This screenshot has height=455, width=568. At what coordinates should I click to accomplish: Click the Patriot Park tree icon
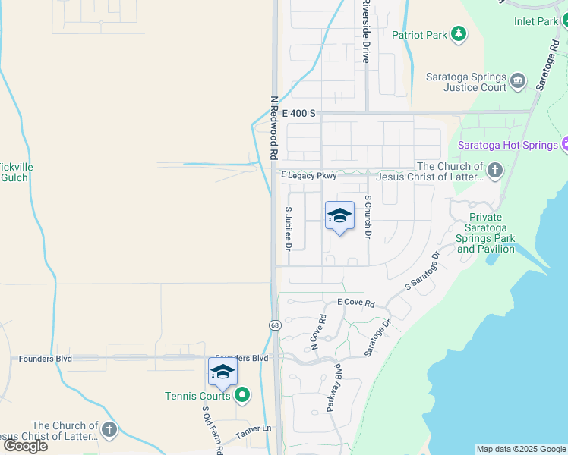click(x=458, y=33)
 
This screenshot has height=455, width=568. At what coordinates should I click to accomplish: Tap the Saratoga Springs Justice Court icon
click(x=518, y=80)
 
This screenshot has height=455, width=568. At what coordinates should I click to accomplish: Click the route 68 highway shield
click(x=273, y=325)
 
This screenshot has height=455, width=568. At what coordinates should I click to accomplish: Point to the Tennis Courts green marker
click(x=242, y=394)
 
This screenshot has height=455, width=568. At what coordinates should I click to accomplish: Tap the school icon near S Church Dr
click(x=339, y=216)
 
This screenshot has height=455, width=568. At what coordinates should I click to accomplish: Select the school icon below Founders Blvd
click(x=222, y=372)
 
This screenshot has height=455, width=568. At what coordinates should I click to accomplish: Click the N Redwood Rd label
click(x=273, y=127)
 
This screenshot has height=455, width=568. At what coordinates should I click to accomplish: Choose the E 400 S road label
click(x=298, y=113)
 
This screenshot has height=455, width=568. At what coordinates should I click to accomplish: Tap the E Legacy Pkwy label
click(x=308, y=175)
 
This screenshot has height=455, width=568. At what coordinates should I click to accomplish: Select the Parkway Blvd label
click(x=335, y=388)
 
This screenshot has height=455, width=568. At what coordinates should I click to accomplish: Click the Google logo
click(x=24, y=446)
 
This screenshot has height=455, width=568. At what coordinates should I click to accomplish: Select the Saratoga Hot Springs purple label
click(x=507, y=144)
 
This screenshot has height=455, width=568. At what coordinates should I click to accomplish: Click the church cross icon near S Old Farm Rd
click(x=109, y=431)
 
